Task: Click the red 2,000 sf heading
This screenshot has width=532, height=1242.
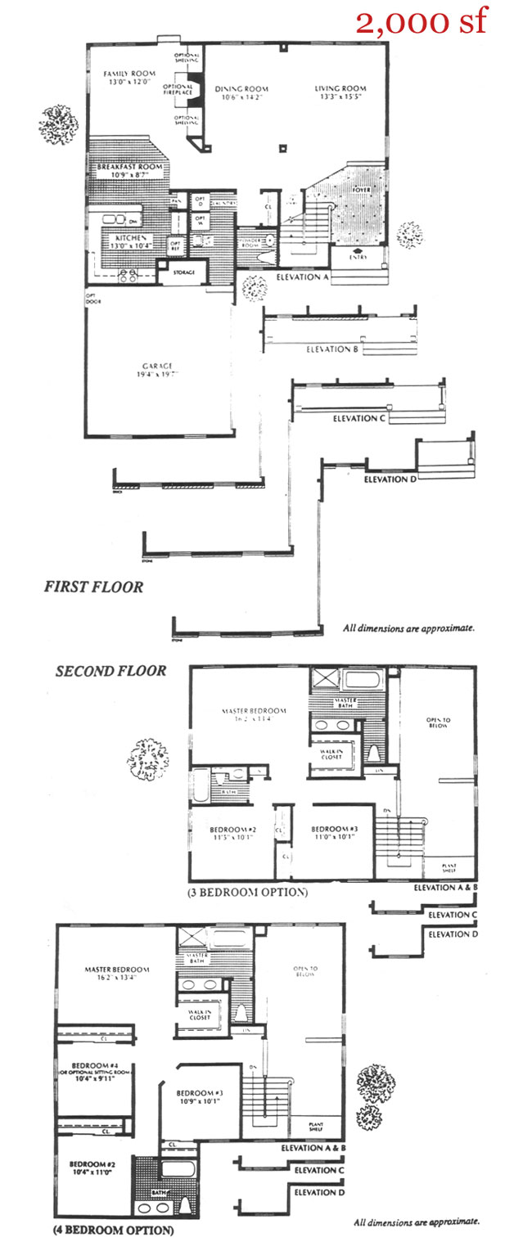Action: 422,22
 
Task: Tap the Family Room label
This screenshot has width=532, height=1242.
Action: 124,74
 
